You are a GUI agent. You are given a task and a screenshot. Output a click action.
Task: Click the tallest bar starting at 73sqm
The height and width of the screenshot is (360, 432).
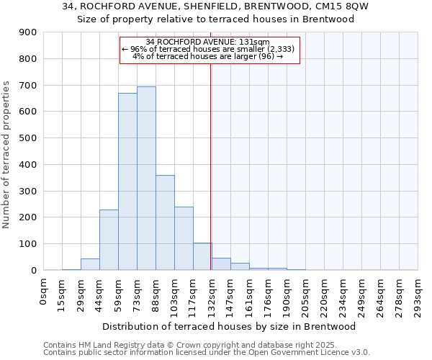click(x=146, y=179)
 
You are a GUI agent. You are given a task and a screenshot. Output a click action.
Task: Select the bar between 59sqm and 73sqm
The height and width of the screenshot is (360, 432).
click(x=127, y=181)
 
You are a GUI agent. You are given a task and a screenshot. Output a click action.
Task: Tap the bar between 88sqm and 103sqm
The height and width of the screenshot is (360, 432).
click(x=165, y=222)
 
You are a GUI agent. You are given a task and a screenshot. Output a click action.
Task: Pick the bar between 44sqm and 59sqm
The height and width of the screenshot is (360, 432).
click(x=109, y=240)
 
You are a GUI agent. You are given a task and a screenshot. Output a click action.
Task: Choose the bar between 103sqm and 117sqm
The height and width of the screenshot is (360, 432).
click(x=184, y=238)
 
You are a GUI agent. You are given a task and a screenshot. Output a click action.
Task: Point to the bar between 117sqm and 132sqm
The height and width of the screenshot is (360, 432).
click(x=202, y=256)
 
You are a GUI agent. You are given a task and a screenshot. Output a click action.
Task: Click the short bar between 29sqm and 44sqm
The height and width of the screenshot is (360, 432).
click(x=90, y=264)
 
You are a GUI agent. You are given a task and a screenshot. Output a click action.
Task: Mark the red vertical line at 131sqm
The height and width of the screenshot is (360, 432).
click(x=211, y=180)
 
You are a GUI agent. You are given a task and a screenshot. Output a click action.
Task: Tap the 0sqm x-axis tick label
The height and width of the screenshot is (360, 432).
click(x=44, y=292)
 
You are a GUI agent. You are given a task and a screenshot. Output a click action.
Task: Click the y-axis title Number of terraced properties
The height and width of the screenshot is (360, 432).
click(x=6, y=155)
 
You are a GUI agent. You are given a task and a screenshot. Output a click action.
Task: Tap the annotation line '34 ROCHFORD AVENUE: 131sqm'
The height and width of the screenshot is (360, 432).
click(x=207, y=42)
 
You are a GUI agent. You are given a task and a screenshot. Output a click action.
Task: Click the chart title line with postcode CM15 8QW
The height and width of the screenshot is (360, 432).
click(x=216, y=6)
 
